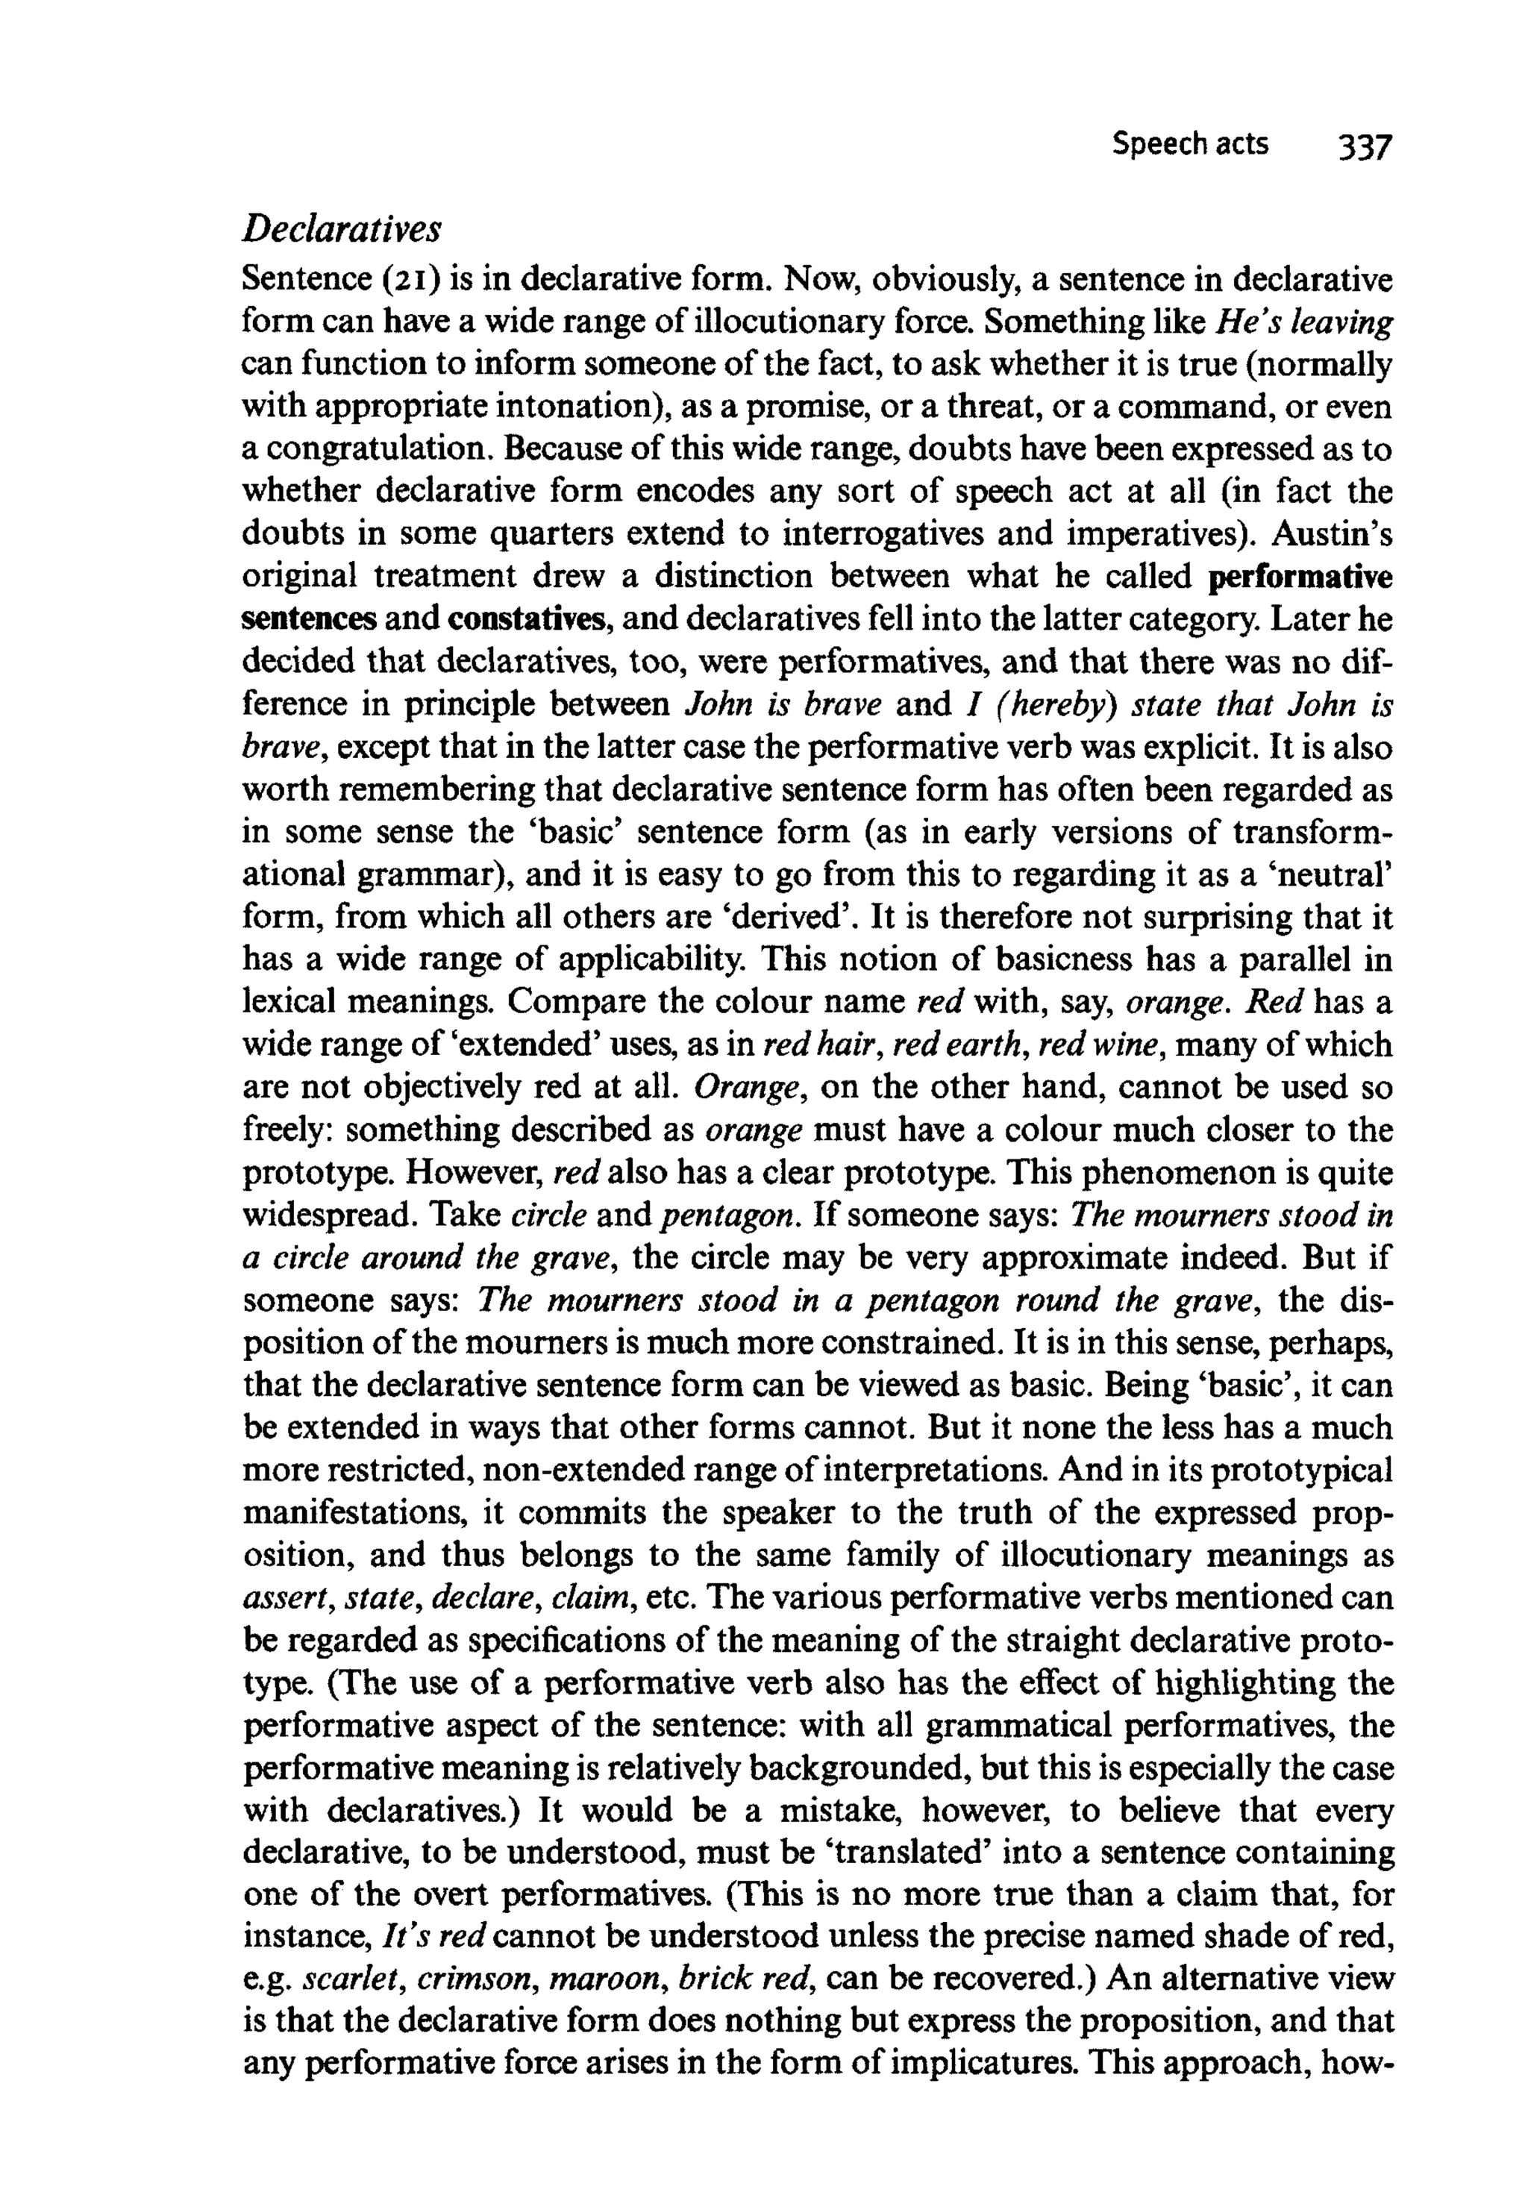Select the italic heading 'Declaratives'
pos(342,230)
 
